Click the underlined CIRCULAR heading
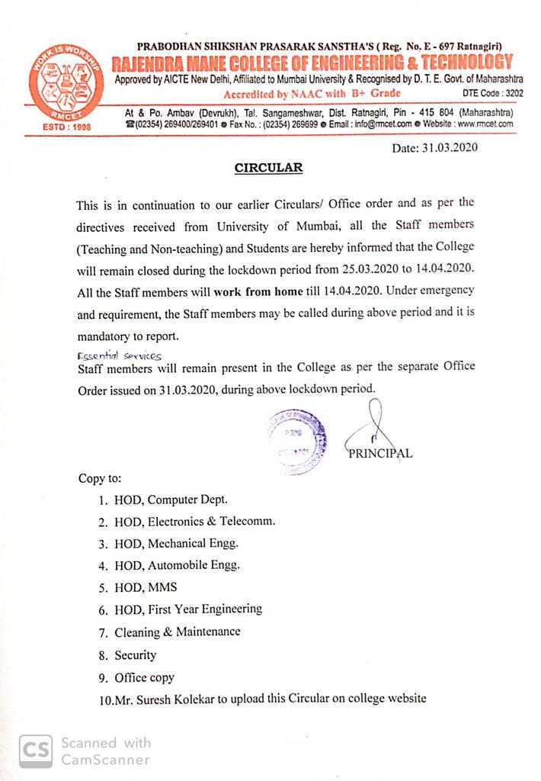268,168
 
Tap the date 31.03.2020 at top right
435,148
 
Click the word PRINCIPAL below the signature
380,453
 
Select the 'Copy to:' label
99,479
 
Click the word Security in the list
135,654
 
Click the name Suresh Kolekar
178,699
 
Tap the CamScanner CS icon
36,750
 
